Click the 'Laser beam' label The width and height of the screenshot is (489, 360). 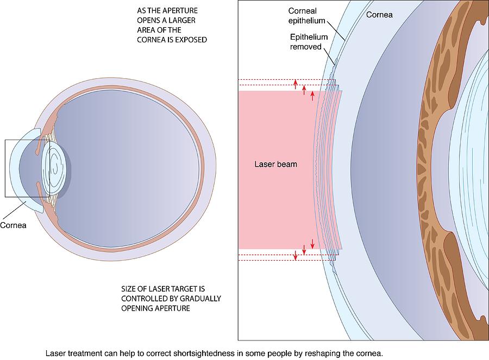pos(276,164)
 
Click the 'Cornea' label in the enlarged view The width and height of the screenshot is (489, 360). pos(379,15)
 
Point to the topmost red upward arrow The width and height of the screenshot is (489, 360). pos(296,83)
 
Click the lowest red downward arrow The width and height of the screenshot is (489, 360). pos(296,255)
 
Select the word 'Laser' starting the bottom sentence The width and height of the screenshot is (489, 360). pos(55,353)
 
